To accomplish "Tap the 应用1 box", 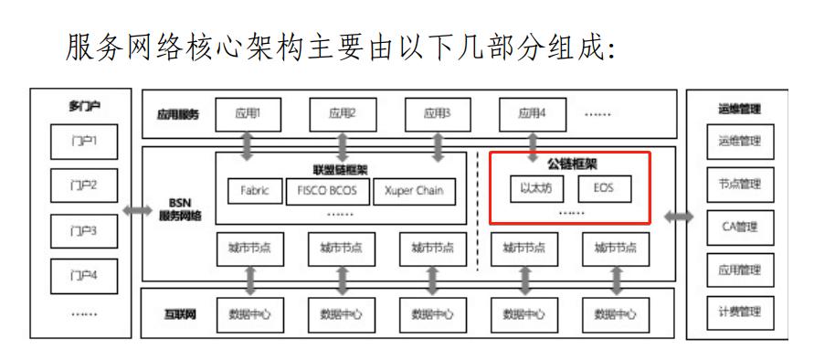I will pos(248,115).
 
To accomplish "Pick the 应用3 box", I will pos(437,115).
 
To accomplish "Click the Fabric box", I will pos(255,191).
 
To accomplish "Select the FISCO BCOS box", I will pos(326,191).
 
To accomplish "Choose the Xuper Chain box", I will pos(415,191).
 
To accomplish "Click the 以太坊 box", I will pos(537,189).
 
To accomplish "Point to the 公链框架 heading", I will pos(570,164).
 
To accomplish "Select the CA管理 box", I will pos(739,227).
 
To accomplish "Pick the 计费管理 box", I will pos(739,312).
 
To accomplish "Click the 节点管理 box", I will pos(739,184).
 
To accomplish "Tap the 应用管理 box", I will pos(739,270).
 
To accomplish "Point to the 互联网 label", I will pos(177,314).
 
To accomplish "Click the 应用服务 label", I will pos(178,115).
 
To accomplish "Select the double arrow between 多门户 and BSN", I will pos(139,211).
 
